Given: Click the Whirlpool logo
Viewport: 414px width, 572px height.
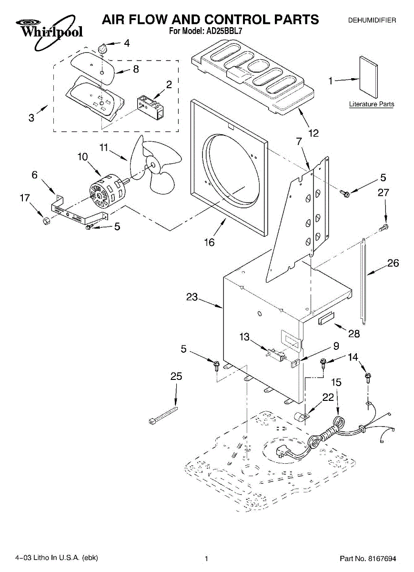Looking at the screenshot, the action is coord(49,32).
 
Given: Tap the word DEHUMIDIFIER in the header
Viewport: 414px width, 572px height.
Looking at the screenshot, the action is coord(372,20).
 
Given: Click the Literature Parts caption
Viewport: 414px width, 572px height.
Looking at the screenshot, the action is coord(372,104).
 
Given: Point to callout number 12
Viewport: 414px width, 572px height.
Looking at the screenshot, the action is coord(313,133).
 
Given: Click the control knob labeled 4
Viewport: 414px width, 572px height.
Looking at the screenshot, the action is coord(102,48).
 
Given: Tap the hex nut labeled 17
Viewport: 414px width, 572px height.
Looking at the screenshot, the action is coord(46,220).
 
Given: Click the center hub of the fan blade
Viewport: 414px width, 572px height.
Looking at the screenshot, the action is coord(152,165).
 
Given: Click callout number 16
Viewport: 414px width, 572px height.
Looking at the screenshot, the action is coord(209,242).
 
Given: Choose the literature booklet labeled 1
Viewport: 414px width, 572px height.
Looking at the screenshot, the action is coord(368,77).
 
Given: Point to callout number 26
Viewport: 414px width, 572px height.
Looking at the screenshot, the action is coord(393,263).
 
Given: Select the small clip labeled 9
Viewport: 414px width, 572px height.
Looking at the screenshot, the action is coord(294,363).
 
